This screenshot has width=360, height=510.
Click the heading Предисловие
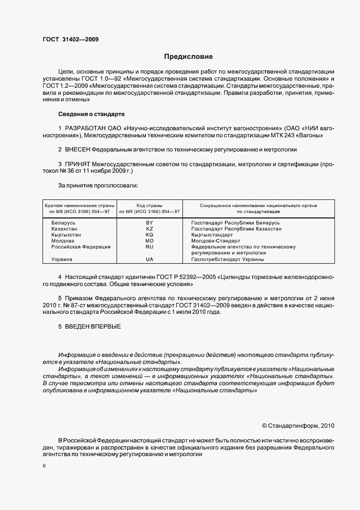(x=188, y=57)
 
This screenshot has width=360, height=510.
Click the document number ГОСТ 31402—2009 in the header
(x=71, y=39)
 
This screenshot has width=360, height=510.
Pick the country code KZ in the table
(x=149, y=229)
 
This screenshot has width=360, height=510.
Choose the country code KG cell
(x=149, y=235)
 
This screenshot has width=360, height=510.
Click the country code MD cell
(x=149, y=241)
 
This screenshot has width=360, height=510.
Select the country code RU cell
(x=149, y=247)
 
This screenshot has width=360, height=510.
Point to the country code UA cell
(x=149, y=259)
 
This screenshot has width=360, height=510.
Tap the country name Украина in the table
(x=62, y=259)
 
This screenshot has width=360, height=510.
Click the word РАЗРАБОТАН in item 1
(x=84, y=127)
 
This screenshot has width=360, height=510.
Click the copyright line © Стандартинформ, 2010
(x=298, y=425)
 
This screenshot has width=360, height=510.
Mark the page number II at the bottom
(x=44, y=466)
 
